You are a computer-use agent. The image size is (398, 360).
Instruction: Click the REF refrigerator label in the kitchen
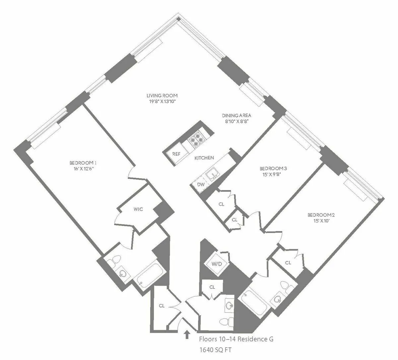coord(176,154)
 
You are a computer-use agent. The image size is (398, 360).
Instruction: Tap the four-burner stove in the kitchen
coord(196,139)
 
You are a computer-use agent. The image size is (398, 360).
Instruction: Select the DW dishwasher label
coord(201,184)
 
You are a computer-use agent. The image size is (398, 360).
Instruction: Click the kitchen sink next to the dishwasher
coord(211,174)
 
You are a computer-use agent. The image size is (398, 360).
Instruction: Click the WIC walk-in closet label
coord(138,209)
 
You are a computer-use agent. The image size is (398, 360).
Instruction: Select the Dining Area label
coord(236,116)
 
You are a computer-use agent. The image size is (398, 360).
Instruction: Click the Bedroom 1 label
coord(83,163)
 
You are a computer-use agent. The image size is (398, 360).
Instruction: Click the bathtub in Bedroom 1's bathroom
coord(151,275)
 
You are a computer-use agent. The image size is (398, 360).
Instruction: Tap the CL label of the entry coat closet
coord(162,305)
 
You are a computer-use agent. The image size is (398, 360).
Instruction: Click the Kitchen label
coord(204,158)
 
